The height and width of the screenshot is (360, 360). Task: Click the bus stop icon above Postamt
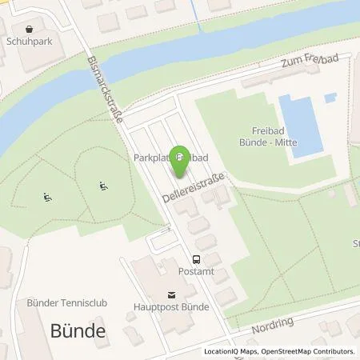(x=196, y=259)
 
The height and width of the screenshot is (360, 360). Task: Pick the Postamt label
(x=196, y=272)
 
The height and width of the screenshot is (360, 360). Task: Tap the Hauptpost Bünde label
(x=171, y=306)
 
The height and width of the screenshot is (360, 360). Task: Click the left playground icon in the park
(x=47, y=196)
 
